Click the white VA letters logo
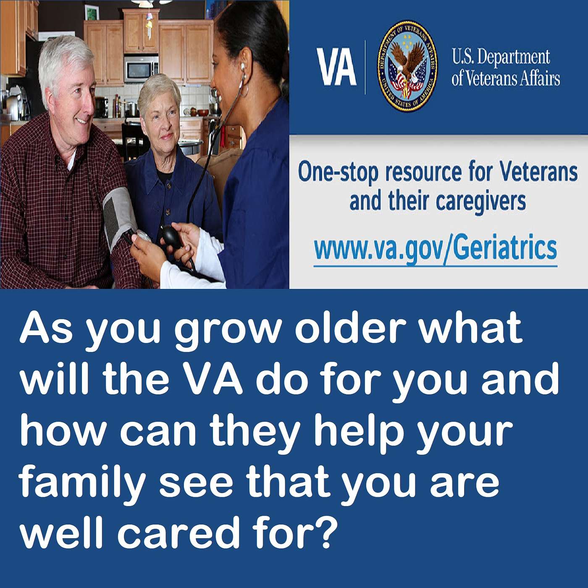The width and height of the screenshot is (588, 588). pyautogui.click(x=336, y=67)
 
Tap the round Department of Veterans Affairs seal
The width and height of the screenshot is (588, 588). pyautogui.click(x=407, y=66)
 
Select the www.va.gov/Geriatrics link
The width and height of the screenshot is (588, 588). pyautogui.click(x=436, y=248)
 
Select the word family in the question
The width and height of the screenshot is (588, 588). pyautogui.click(x=82, y=483)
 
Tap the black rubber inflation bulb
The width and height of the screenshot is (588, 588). pyautogui.click(x=172, y=237)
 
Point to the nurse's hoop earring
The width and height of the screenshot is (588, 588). pyautogui.click(x=244, y=88)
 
